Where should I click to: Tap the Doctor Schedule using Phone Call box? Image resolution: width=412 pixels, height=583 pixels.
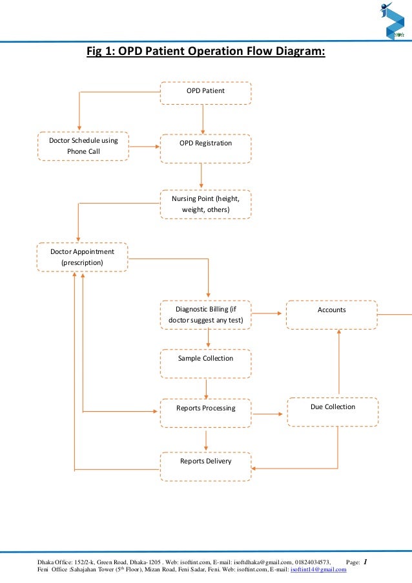pos(83,146)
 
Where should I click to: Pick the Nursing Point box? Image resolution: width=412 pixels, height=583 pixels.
pos(205,204)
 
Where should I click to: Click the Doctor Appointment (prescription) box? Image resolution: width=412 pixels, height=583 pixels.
pos(82,257)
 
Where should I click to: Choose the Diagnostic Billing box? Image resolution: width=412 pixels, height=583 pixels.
pos(205,315)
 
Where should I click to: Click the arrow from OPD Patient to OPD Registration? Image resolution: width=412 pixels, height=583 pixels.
pos(203,119)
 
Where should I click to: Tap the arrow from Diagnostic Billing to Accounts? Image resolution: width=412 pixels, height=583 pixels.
pos(269,313)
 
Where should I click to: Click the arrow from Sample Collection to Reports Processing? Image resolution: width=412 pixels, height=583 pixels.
pos(206,388)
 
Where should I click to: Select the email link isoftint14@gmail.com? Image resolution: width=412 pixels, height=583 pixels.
pos(318,569)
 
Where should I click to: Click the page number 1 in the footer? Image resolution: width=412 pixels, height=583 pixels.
pos(366,562)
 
